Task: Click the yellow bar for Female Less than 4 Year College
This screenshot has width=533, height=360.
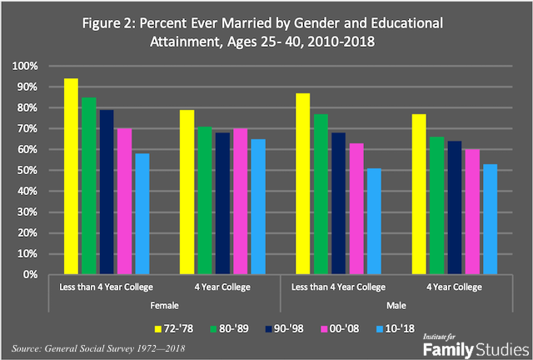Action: pyautogui.click(x=71, y=177)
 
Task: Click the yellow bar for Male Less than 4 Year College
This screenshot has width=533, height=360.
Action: pyautogui.click(x=303, y=184)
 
